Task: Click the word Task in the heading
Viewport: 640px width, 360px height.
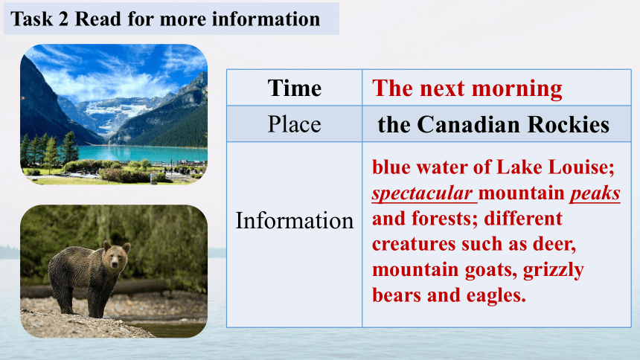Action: tap(31, 19)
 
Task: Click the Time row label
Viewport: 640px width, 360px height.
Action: tap(294, 89)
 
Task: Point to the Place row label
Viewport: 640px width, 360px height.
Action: tap(294, 124)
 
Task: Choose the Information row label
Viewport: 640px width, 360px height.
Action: tap(294, 221)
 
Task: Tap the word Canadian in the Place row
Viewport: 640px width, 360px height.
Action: tap(469, 124)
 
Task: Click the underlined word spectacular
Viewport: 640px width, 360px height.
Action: tap(423, 193)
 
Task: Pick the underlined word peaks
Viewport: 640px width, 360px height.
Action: tap(595, 193)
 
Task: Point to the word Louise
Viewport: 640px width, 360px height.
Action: tap(580, 167)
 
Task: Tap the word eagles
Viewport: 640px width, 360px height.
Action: tap(496, 295)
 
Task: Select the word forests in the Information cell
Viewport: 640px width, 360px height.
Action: tap(444, 219)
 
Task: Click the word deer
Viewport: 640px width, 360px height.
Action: tap(554, 245)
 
